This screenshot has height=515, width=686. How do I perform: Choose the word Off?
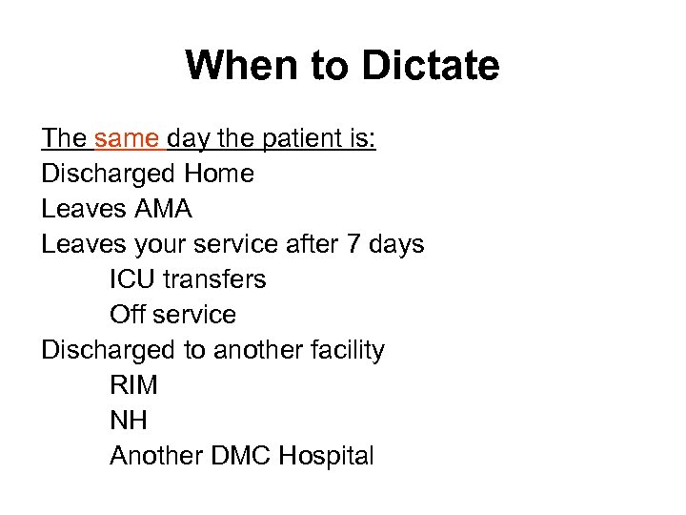coord(130,315)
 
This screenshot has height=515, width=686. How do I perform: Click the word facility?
coord(348,350)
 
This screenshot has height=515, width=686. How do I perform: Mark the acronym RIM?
coord(134,385)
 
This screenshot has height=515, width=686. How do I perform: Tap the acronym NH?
coord(129,421)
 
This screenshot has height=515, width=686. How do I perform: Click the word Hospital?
coord(327,456)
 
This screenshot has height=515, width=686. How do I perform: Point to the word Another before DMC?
coord(156,456)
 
